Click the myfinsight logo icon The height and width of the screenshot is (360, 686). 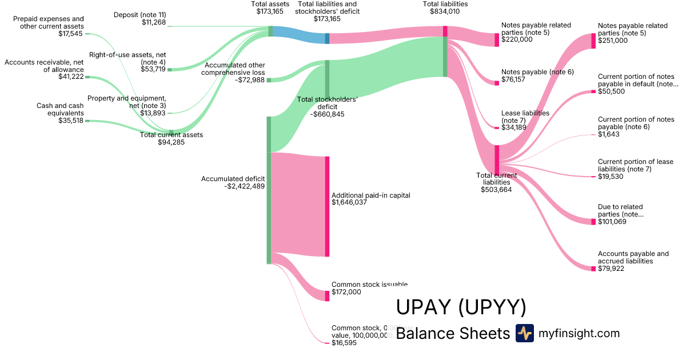(x=524, y=333)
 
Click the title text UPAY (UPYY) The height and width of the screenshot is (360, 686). (x=461, y=307)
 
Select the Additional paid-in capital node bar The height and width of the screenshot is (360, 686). (x=328, y=206)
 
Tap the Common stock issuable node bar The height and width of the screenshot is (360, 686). (x=328, y=295)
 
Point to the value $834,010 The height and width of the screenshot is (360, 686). (x=445, y=11)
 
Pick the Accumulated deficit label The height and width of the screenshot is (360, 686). (x=233, y=179)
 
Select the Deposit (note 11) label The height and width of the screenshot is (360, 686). (x=139, y=14)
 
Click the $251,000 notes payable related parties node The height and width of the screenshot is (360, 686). (x=593, y=41)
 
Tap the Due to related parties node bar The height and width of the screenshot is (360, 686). (x=593, y=222)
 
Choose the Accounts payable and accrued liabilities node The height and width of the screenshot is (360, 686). (x=593, y=269)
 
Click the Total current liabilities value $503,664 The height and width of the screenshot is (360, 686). (x=496, y=190)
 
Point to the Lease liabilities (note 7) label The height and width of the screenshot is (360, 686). (x=525, y=117)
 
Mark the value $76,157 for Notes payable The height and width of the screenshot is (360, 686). (x=513, y=80)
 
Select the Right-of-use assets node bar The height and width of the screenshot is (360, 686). (x=169, y=70)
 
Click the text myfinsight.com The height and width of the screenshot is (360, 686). (x=579, y=333)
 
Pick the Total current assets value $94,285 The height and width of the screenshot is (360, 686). (x=171, y=142)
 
